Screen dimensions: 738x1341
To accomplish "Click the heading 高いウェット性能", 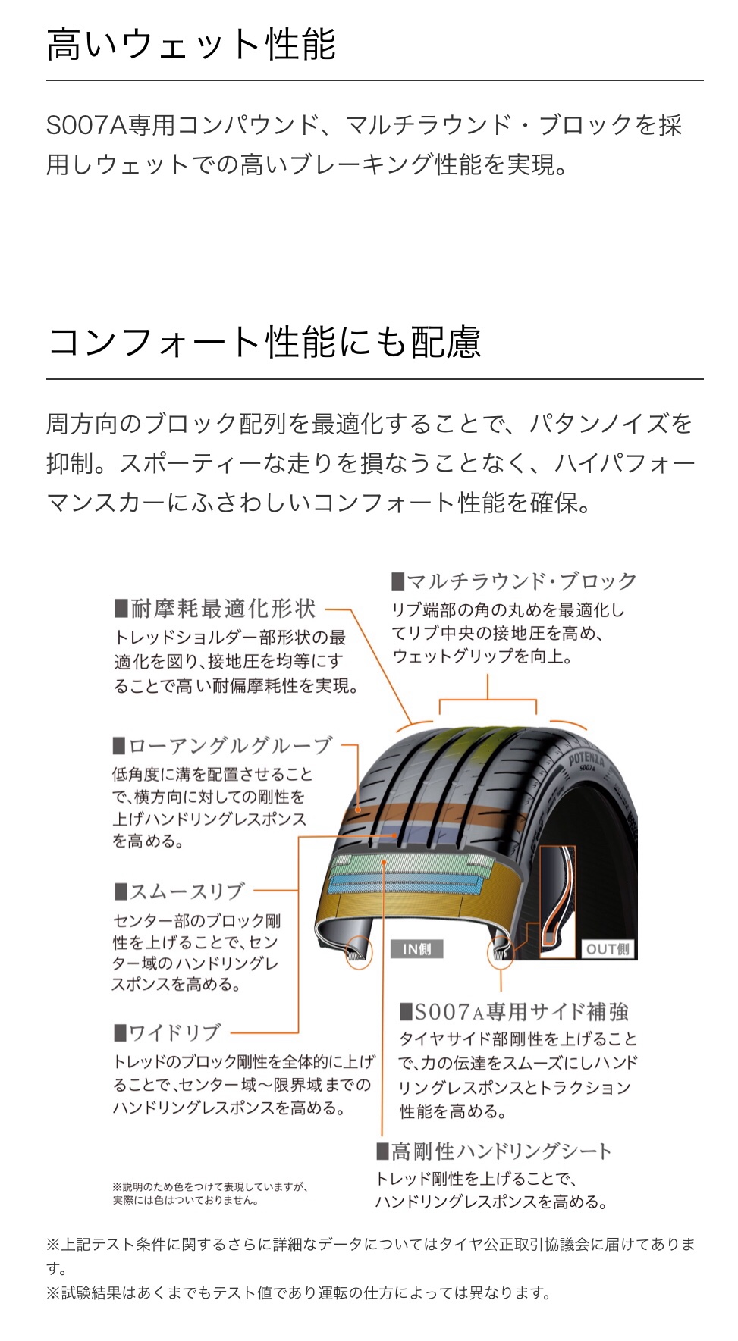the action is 191,44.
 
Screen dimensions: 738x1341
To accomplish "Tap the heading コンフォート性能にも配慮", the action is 264,342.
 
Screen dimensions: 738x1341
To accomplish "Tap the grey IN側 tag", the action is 417,949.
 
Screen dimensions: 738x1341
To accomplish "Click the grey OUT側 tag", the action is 608,949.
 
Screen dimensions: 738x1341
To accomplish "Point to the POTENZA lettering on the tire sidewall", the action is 586,759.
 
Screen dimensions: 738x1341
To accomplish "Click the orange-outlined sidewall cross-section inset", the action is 557,902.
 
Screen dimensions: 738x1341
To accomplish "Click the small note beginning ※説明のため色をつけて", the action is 210,1193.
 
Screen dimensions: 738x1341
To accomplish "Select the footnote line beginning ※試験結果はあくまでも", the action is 298,1293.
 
